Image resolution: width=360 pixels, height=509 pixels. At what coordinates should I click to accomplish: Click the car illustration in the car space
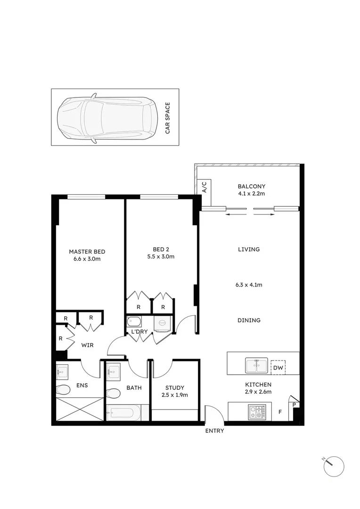(107, 118)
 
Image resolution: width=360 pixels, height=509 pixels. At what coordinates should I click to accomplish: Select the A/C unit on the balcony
(205, 187)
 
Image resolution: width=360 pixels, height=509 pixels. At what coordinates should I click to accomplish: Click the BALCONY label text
(252, 186)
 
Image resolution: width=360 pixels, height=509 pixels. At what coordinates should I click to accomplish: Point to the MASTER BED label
(87, 251)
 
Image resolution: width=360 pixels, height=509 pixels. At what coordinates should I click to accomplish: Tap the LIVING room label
(249, 249)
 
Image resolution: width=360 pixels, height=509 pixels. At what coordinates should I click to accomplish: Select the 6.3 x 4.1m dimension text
(249, 285)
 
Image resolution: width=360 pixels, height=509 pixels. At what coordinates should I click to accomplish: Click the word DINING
(249, 320)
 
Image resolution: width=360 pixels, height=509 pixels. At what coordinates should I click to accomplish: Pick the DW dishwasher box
(278, 368)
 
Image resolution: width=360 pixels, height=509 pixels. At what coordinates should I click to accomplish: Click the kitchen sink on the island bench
(256, 365)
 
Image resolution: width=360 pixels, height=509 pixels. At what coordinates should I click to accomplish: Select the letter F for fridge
(280, 412)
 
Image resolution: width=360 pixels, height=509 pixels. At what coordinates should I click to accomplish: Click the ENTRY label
(214, 431)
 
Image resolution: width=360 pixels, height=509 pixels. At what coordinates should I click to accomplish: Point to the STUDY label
(174, 388)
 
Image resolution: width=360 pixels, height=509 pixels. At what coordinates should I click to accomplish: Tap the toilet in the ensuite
(63, 390)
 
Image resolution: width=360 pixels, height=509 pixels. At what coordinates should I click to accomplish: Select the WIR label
(87, 345)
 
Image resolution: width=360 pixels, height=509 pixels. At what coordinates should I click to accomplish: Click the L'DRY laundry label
(139, 332)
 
